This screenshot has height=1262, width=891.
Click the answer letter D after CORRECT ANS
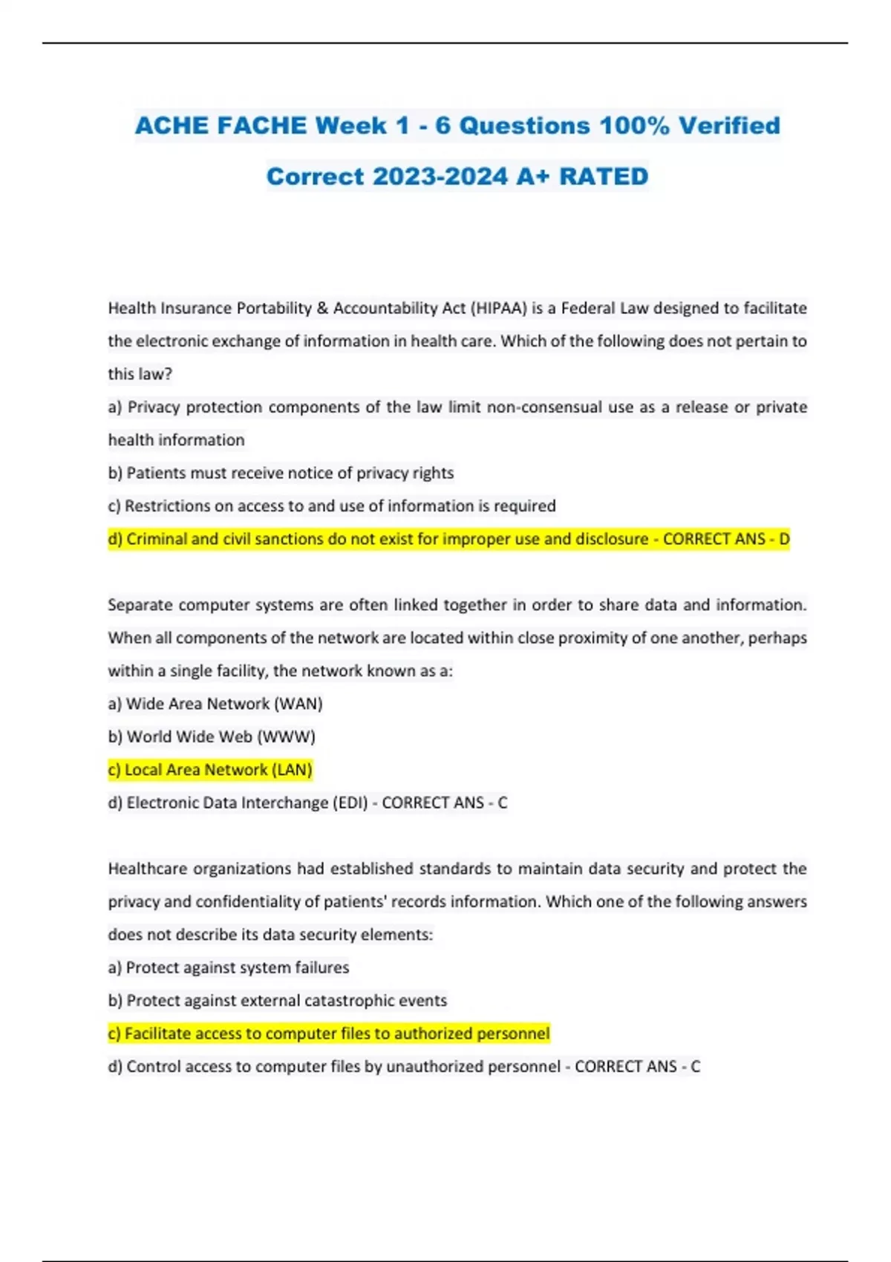coord(784,539)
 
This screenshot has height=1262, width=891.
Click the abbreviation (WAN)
coord(298,704)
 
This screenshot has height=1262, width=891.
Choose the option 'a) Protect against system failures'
coord(228,967)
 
